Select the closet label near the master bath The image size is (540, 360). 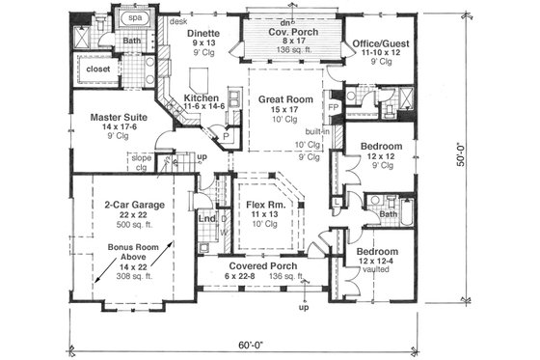pyautogui.click(x=99, y=69)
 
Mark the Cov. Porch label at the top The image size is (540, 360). pyautogui.click(x=283, y=31)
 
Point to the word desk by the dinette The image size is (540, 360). pyautogui.click(x=177, y=19)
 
